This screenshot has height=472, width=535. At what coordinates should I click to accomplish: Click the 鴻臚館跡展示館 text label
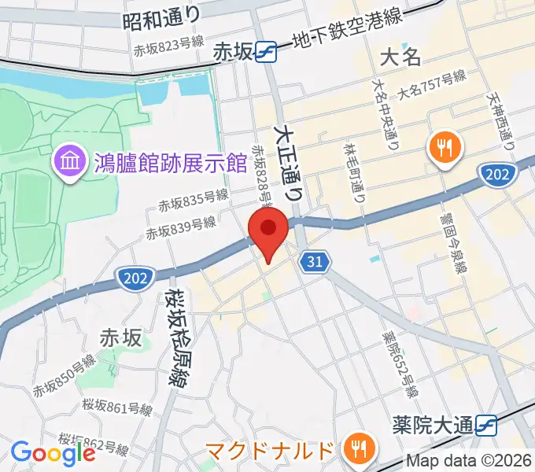(x=168, y=163)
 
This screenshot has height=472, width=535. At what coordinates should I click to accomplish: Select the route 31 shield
(x=314, y=261)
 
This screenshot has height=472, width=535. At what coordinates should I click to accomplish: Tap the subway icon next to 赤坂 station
(x=266, y=52)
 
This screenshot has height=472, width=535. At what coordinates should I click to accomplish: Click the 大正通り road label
(x=287, y=162)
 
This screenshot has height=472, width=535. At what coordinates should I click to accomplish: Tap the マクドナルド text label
(x=270, y=452)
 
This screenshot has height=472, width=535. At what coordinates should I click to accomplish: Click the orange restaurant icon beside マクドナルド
(x=360, y=448)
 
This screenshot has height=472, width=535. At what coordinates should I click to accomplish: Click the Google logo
(x=52, y=452)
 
